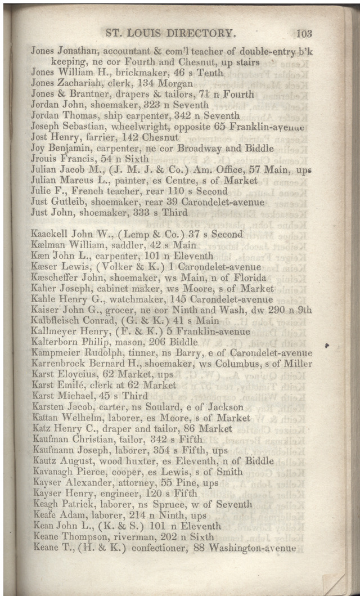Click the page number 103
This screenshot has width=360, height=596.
(x=303, y=33)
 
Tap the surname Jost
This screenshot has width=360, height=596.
(x=40, y=137)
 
